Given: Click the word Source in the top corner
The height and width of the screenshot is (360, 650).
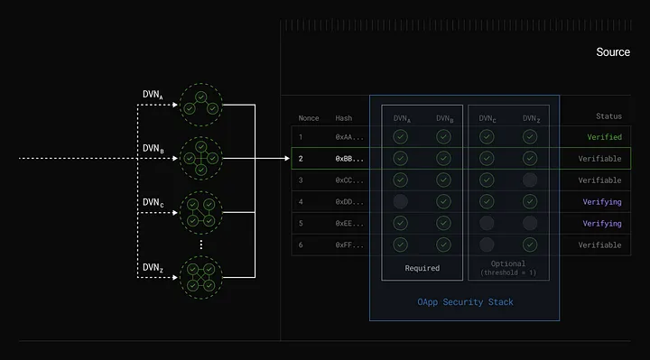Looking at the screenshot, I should point(613,52).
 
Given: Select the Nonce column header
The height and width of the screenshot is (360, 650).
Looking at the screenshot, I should point(310,117).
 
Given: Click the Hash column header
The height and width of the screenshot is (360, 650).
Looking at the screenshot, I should point(344,117).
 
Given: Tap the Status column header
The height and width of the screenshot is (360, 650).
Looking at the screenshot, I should point(608,116).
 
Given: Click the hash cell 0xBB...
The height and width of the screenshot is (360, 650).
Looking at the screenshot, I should point(349,158).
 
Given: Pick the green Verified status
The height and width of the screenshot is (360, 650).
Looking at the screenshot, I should point(604,137).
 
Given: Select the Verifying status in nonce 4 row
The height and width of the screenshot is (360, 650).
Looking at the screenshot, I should point(602,201).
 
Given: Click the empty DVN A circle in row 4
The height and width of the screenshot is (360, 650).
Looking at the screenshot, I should point(400,201).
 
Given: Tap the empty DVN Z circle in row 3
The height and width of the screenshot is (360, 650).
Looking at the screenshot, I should point(530,180).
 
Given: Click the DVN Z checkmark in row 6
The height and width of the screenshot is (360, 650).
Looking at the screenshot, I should point(530,245).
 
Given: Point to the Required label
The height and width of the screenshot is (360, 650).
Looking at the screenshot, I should point(422,268).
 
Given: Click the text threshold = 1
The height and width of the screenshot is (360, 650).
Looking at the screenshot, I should point(508,273).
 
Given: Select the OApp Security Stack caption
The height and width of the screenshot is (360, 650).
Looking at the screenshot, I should point(465,302).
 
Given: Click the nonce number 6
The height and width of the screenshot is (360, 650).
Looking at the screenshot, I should point(302,245).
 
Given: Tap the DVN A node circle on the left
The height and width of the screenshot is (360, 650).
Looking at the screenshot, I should point(200,105).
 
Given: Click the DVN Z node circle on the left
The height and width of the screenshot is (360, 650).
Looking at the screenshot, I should point(200,277).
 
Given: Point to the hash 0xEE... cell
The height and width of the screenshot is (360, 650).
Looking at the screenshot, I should point(349,223).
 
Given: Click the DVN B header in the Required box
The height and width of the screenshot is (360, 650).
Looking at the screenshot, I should point(444,118).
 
